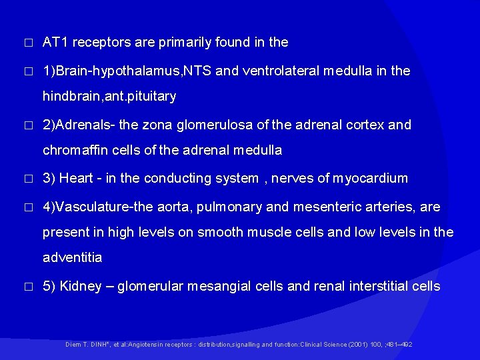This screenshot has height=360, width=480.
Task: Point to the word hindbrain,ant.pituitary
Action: click(x=109, y=97)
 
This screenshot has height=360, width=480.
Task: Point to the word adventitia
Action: click(x=72, y=257)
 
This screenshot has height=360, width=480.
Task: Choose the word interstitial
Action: click(x=377, y=287)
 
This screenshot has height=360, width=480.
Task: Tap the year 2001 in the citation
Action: click(x=361, y=344)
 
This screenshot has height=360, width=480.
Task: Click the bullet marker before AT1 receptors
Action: click(x=27, y=43)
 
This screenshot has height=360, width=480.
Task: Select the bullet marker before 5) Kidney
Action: click(x=27, y=287)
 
